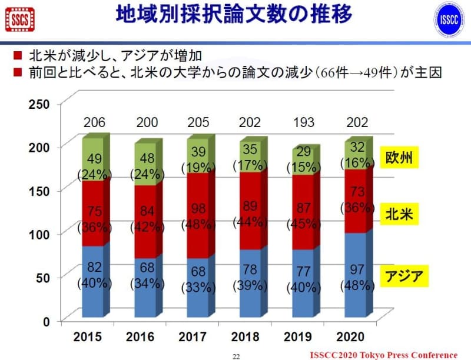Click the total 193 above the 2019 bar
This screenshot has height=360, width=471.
[304, 124]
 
